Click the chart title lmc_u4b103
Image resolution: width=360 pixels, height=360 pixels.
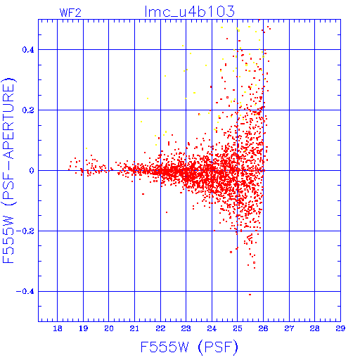pos(190,11)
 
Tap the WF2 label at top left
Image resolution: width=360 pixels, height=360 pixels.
pos(70,13)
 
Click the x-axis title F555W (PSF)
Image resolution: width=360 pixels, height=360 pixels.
pos(189,347)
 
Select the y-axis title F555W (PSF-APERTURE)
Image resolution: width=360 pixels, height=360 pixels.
pos(8,170)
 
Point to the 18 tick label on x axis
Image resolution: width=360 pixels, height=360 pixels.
pos(58,328)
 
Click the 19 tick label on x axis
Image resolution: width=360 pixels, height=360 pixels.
pos(83,328)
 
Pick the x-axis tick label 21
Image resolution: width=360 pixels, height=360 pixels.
pos(134,328)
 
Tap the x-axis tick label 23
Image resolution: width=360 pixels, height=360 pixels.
pos(186,328)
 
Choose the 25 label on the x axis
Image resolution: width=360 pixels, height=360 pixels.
pos(238,328)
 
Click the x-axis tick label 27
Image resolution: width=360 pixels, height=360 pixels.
pos(289,328)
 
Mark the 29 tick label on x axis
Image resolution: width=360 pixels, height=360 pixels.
pos(340,328)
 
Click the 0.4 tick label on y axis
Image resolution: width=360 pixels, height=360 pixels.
pos(28,50)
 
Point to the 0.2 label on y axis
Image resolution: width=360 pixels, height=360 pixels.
pos(28,110)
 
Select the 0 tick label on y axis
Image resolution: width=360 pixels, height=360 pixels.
pos(32,171)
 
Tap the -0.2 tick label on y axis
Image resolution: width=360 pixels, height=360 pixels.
pos(25,231)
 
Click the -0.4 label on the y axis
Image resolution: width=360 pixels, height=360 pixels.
pos(25,292)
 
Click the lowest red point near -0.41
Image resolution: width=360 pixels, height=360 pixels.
pos(250,295)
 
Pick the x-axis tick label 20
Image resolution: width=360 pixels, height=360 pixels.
pos(109,328)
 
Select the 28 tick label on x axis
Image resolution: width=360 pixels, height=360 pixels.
pos(314,328)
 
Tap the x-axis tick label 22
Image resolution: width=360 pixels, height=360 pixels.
pos(160,328)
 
